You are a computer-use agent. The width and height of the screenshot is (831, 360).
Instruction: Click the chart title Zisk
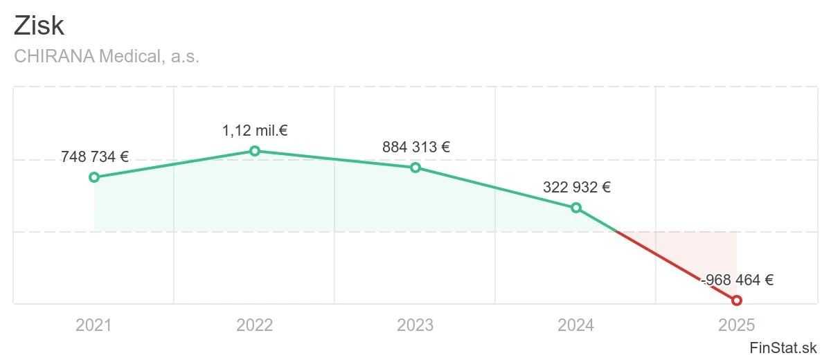(x=39, y=26)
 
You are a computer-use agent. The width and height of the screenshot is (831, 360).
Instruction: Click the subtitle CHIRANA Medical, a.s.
(x=107, y=57)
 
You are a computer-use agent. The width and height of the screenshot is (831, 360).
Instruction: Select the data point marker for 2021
(x=94, y=177)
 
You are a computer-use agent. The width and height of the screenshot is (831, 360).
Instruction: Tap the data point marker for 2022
(x=255, y=151)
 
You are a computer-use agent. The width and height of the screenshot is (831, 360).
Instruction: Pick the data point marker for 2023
(x=415, y=168)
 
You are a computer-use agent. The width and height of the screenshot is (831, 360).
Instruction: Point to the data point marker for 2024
(x=576, y=208)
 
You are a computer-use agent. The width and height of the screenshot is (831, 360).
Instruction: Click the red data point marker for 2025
(x=737, y=300)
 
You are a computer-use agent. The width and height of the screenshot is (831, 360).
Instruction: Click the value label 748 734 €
(x=95, y=156)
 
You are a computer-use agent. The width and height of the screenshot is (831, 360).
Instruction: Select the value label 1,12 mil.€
(x=255, y=131)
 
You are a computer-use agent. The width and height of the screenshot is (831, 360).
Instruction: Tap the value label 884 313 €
(x=416, y=147)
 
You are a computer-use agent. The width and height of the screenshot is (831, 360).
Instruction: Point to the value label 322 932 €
(x=577, y=187)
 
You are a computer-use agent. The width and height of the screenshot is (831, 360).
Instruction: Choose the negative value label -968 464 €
(x=738, y=280)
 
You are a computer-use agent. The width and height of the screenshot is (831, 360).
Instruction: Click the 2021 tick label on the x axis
(x=94, y=325)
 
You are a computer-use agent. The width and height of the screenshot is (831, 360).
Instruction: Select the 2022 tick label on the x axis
(x=255, y=325)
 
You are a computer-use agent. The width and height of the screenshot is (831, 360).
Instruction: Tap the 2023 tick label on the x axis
(x=415, y=325)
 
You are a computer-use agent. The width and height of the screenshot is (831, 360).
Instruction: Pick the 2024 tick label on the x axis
(x=576, y=325)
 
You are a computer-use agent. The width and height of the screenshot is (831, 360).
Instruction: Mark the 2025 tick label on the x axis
(x=737, y=325)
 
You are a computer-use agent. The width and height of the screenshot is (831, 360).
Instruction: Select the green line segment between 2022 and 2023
(x=335, y=159)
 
